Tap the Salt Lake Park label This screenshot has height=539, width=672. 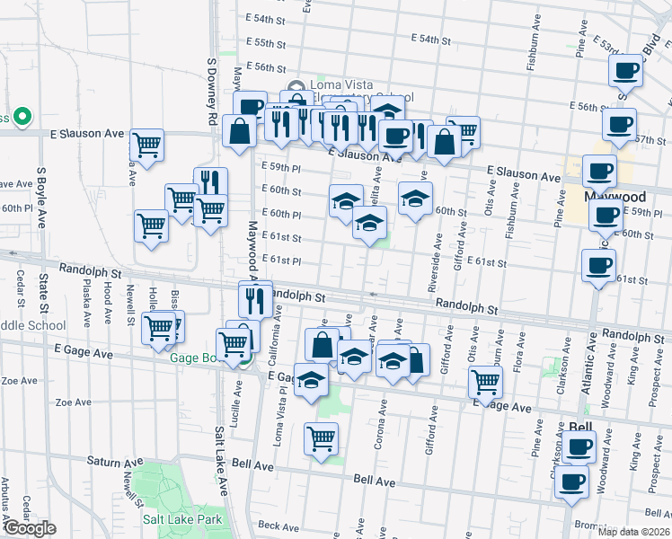point(182,519)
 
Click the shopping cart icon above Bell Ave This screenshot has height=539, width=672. point(321,439)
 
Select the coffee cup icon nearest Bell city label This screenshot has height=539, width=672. point(579,446)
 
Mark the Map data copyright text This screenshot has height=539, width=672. point(632,532)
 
